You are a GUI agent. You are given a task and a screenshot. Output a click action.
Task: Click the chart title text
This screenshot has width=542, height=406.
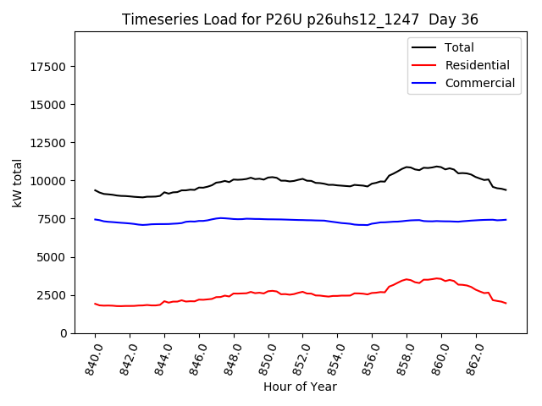301,19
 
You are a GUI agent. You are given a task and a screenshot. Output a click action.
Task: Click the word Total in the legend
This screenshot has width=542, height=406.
459,47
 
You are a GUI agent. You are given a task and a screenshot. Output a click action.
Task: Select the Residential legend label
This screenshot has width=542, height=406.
477,65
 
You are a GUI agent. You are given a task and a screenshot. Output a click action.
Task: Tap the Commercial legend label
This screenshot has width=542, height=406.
479,83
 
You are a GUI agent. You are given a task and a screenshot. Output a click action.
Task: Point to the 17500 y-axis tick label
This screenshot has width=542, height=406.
50,67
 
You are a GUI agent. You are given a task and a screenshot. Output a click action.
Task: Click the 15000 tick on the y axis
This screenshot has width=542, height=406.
50,105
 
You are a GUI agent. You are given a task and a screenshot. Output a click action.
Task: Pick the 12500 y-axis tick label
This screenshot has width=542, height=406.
50,143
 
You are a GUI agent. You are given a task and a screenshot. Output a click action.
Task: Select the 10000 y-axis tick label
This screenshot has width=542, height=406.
50,181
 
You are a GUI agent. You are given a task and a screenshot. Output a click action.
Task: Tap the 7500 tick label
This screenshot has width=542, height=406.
53,219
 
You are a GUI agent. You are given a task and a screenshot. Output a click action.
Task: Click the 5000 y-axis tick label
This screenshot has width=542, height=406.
53,257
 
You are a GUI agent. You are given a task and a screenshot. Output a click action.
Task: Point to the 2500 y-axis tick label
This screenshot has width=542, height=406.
53,295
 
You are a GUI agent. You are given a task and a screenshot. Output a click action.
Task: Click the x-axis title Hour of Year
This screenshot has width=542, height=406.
301,387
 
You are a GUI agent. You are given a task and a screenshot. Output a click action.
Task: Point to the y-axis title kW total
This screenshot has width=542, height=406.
17,182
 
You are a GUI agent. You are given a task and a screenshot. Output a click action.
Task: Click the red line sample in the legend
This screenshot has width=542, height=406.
424,65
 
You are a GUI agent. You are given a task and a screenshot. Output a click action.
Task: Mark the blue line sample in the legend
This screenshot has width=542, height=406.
424,83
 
